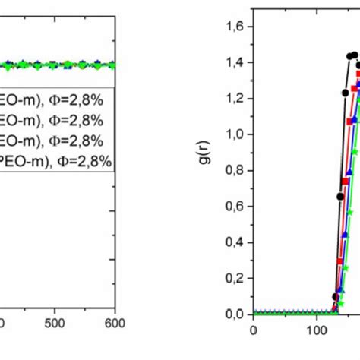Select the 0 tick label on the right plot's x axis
click(253, 330)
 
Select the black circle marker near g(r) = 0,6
click(340, 196)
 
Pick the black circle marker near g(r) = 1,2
click(346, 93)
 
